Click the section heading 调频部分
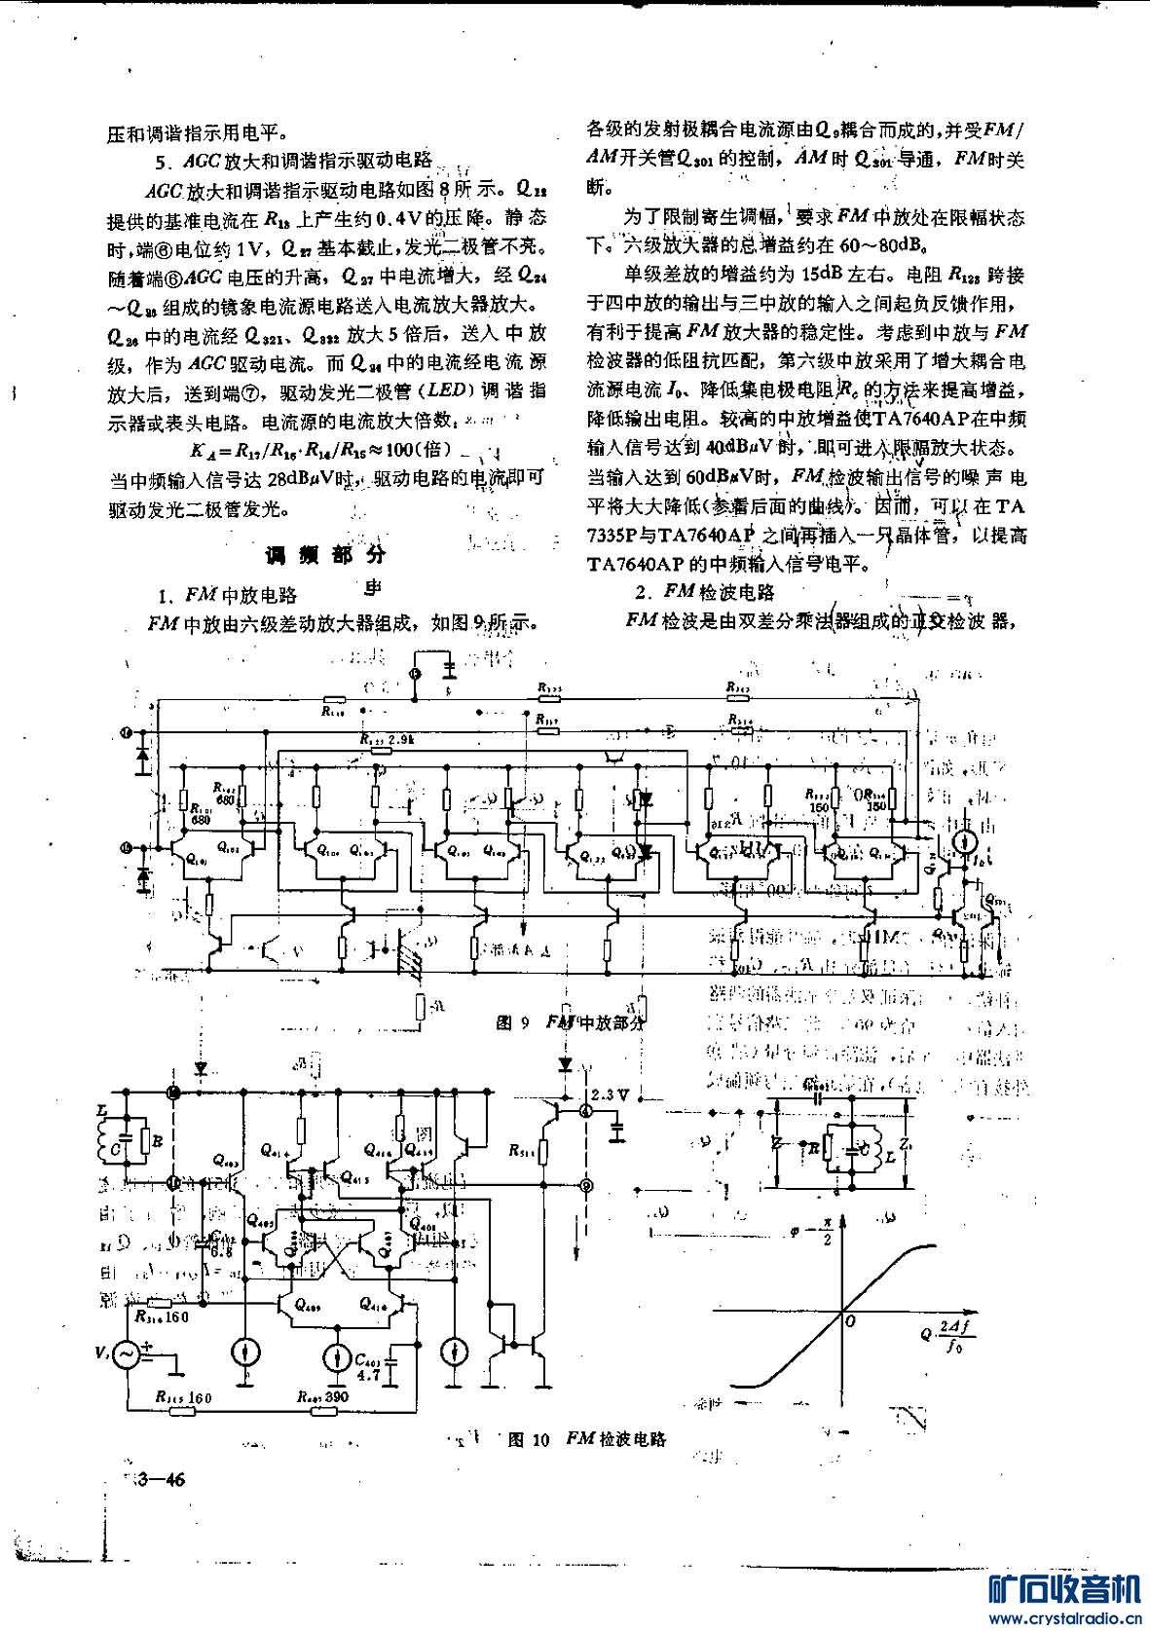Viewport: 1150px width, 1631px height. [x=326, y=555]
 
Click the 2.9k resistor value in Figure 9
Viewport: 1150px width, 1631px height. [x=400, y=739]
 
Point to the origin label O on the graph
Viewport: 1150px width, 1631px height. [x=850, y=1320]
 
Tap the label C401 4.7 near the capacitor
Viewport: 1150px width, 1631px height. [x=367, y=1367]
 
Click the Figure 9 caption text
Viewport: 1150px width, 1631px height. [x=571, y=1021]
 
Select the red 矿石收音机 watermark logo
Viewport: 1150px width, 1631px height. [x=1063, y=1589]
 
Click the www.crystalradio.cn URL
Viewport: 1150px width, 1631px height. [x=1068, y=1619]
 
